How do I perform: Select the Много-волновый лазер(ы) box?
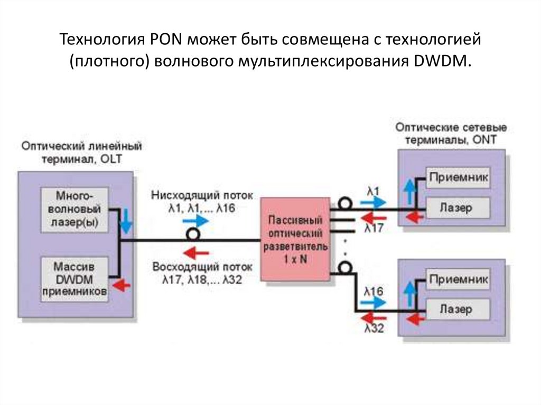[x=74, y=210]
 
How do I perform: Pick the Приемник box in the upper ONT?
[x=458, y=177]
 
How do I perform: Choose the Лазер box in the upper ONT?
[x=458, y=207]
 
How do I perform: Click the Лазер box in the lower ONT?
[x=458, y=309]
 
